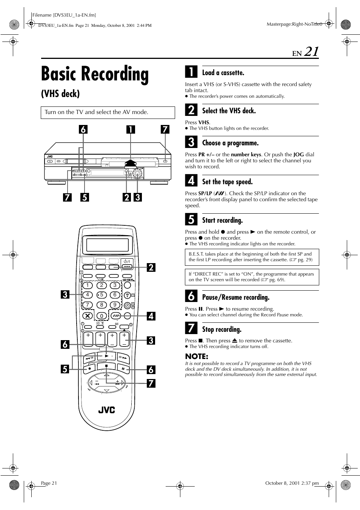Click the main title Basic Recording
tap(95, 74)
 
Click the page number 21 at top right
tap(311, 52)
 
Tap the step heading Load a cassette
tap(223, 72)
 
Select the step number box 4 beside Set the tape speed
tap(191, 181)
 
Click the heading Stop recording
tap(222, 329)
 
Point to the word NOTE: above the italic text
tap(197, 356)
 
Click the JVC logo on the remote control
tap(106, 410)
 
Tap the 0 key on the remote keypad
tap(101, 316)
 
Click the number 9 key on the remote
tap(115, 305)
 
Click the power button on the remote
tap(127, 261)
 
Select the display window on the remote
tap(108, 245)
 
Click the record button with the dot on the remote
tap(89, 368)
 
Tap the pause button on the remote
tap(123, 368)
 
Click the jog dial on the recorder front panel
tap(138, 173)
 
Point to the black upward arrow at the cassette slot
tap(130, 163)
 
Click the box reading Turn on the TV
tap(108, 112)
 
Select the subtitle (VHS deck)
tap(60, 94)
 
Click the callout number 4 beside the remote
tap(151, 316)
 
